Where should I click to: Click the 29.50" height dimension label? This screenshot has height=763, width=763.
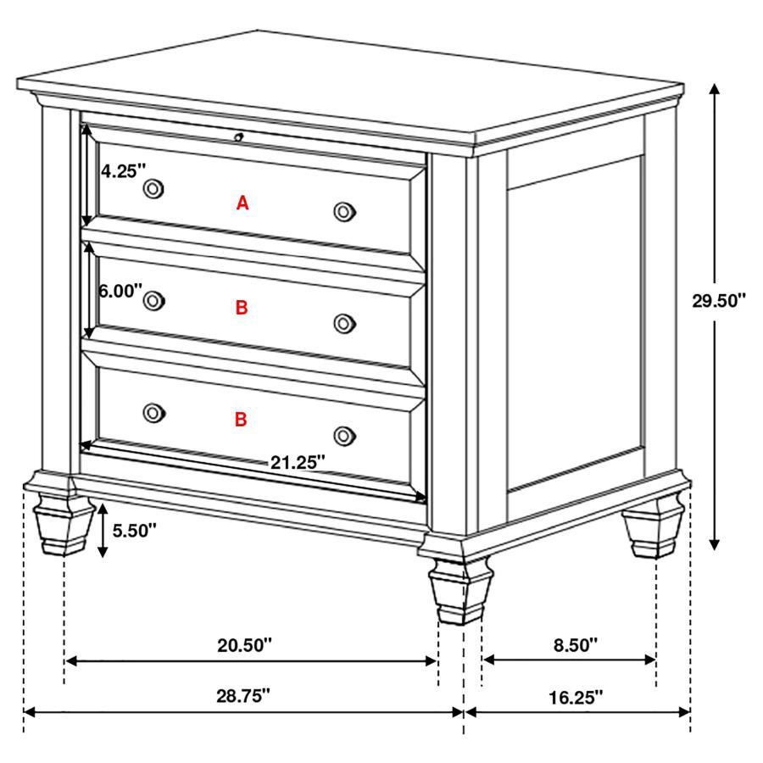coord(718,300)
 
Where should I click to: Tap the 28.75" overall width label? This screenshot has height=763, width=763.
coord(243,695)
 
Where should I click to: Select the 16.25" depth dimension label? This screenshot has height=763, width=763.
coord(576,697)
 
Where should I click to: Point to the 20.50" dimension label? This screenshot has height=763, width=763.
coord(244,645)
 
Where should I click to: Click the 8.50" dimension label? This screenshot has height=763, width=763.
coord(576,645)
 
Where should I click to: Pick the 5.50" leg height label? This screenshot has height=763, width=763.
coord(134,532)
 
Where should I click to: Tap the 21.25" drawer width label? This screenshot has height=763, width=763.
coord(298,462)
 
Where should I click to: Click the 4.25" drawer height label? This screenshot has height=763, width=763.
coord(125,170)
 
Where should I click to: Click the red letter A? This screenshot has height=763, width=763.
coord(242,203)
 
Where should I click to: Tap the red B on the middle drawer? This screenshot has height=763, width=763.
coord(242,308)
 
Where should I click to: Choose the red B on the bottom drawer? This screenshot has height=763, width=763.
coord(241,419)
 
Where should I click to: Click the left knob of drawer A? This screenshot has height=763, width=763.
coord(153,188)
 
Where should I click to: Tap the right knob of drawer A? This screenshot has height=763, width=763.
coord(343,211)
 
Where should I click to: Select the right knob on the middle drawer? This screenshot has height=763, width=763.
coord(343,322)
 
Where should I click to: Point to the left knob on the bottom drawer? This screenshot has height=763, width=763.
coord(153,411)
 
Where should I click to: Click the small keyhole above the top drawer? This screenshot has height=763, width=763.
coord(239,136)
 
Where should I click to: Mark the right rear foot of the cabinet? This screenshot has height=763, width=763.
coord(654,530)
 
